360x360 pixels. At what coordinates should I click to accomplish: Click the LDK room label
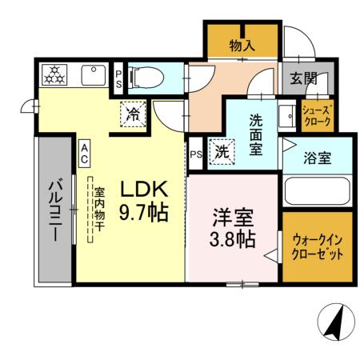click(x=143, y=190)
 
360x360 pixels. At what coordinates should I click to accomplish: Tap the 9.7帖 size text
click(x=143, y=214)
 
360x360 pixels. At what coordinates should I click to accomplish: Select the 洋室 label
click(x=233, y=216)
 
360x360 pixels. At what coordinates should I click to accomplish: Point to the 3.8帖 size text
click(x=233, y=238)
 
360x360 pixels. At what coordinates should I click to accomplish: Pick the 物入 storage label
click(x=242, y=46)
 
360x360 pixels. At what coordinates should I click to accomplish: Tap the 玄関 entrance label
click(x=303, y=78)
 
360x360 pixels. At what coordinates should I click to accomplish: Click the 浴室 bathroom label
click(x=317, y=158)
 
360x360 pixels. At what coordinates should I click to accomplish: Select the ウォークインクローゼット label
click(x=318, y=247)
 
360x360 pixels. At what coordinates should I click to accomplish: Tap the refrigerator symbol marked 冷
click(x=133, y=113)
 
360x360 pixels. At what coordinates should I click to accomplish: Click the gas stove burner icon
click(x=56, y=75)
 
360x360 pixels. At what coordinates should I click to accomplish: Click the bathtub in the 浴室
click(x=317, y=191)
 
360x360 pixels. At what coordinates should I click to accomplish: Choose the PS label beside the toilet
click(x=118, y=79)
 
